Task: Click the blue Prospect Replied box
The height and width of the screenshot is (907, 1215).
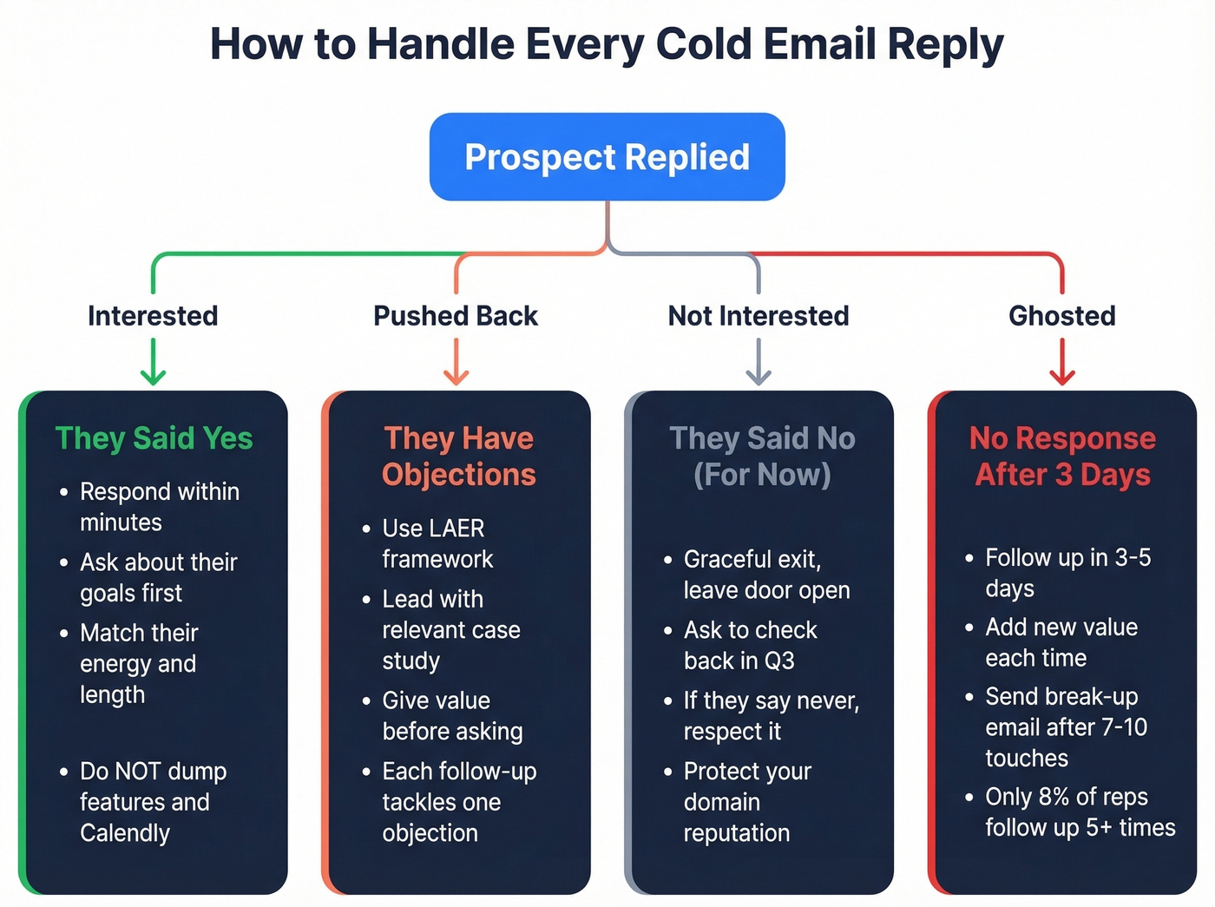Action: click(x=607, y=157)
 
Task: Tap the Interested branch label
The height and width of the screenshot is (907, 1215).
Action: click(x=153, y=316)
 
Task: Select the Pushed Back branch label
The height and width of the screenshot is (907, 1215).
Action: click(x=456, y=316)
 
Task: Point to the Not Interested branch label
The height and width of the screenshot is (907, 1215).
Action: click(x=759, y=316)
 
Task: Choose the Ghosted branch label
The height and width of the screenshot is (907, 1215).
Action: click(x=1062, y=316)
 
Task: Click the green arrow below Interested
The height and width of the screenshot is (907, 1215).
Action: click(x=153, y=362)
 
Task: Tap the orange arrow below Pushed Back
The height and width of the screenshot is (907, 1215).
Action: click(x=456, y=362)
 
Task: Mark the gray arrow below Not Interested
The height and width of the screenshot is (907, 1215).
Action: click(x=759, y=362)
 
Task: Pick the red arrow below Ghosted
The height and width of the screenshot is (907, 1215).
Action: click(x=1062, y=362)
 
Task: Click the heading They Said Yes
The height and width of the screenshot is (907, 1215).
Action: click(x=154, y=438)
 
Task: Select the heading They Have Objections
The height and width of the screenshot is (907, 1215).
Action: click(x=459, y=457)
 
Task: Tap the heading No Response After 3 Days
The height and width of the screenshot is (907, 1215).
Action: click(x=1062, y=457)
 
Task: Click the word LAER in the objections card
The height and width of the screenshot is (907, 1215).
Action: click(x=458, y=528)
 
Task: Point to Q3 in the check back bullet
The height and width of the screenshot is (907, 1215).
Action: click(x=779, y=661)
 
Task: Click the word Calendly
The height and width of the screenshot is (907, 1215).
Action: click(x=125, y=833)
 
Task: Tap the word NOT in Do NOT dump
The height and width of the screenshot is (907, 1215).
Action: click(x=138, y=771)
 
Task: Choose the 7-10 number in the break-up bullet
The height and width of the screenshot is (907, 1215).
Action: click(x=1124, y=726)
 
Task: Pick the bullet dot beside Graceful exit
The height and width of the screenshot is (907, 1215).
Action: click(x=667, y=560)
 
